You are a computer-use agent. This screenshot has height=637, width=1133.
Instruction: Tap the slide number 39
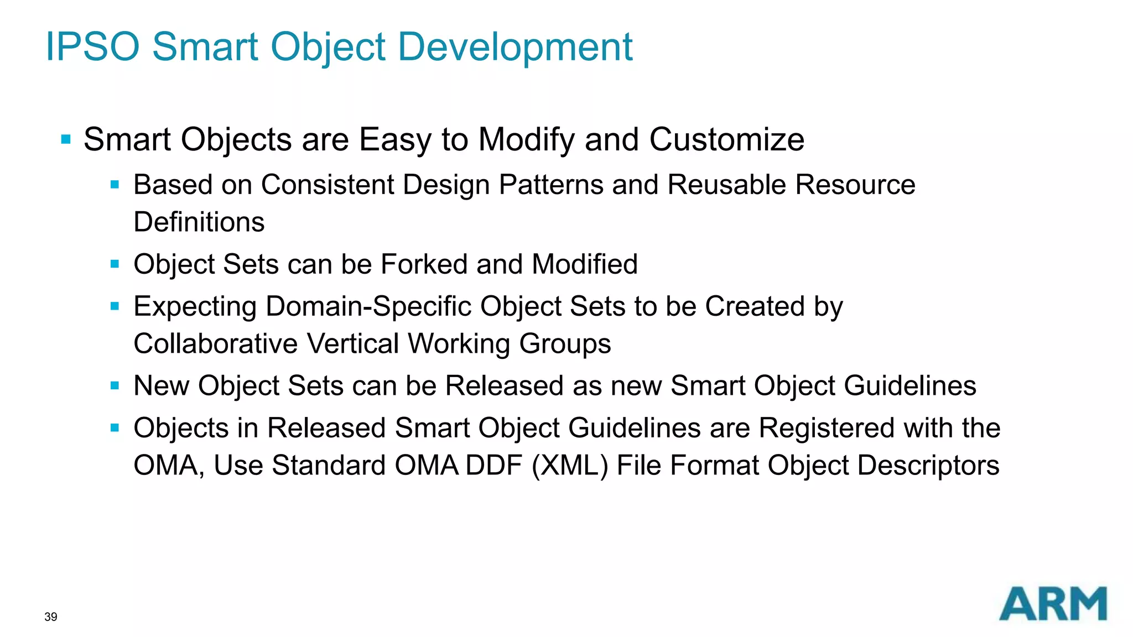50,617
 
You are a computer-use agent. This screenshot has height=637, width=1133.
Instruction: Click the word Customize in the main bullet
726,139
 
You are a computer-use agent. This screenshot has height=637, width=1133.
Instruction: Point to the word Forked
424,264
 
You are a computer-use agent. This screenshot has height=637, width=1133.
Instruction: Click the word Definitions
199,222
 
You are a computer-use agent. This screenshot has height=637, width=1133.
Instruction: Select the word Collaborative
216,344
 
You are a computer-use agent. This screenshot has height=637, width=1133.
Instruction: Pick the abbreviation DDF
494,466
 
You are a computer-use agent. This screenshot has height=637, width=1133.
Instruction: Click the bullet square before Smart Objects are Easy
66,139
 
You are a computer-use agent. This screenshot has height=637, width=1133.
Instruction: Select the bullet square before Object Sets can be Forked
115,264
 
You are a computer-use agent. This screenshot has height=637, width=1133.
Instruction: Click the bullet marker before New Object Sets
115,386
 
